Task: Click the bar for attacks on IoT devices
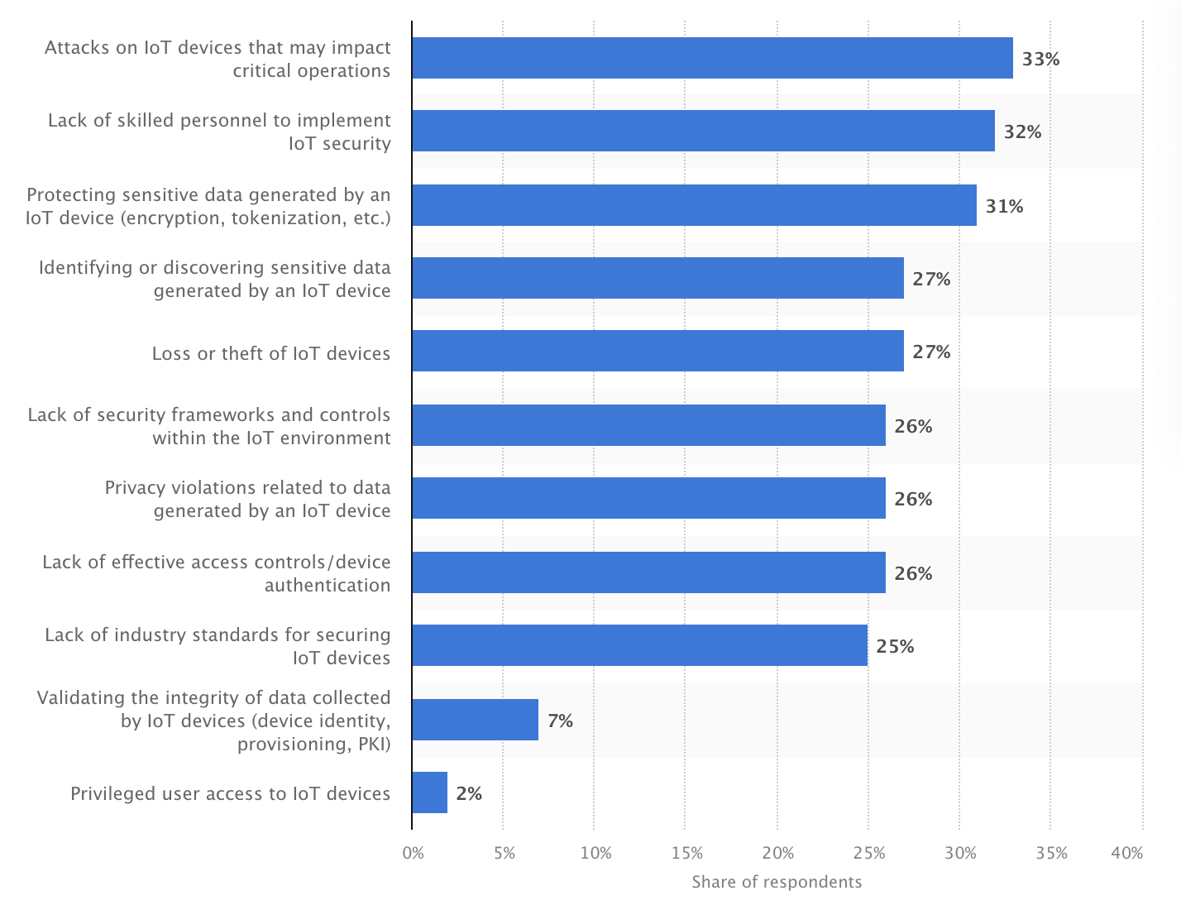coord(712,58)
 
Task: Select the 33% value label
coord(1040,59)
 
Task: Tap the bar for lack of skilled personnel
coord(703,131)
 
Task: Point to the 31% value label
coord(1004,206)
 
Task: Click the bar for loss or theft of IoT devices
coord(657,351)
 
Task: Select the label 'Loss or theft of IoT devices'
coord(271,353)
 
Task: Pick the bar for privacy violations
coord(648,498)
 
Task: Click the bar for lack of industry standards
coord(639,645)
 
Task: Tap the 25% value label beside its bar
coord(895,646)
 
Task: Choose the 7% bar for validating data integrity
coord(475,720)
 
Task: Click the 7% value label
coord(560,721)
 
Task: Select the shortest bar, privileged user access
coord(429,792)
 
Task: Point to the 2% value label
coord(469,793)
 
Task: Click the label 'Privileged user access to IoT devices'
coord(230,793)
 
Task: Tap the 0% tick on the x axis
coord(413,853)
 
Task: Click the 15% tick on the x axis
coord(686,853)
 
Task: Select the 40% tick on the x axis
coord(1127,853)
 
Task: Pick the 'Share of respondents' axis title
coord(777,882)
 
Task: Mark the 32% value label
coord(1022,132)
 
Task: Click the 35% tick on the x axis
coord(1051,853)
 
